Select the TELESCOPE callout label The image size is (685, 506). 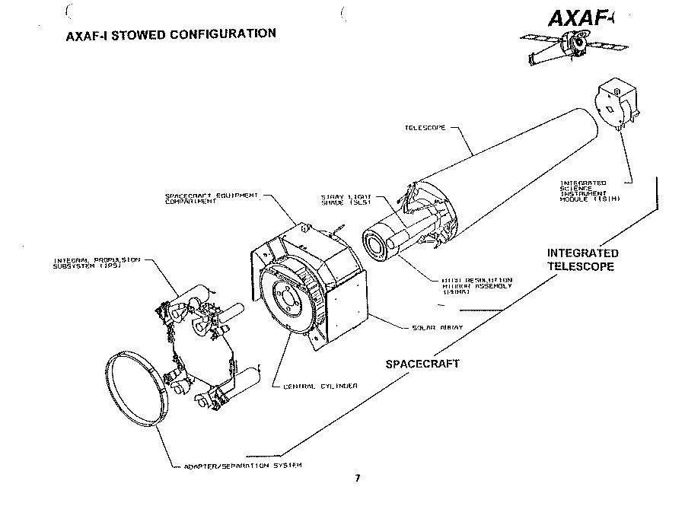point(425,128)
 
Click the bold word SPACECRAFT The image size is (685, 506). point(422,364)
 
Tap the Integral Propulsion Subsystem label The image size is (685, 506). point(96,263)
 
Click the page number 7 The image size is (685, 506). point(357,479)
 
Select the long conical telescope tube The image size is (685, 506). point(518,167)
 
